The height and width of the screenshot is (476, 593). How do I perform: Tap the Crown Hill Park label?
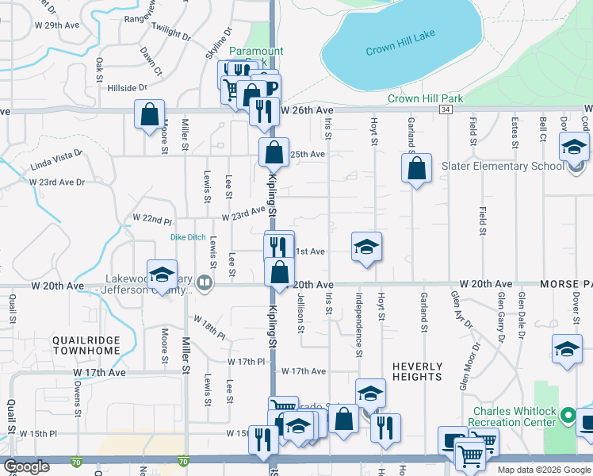click(x=425, y=98)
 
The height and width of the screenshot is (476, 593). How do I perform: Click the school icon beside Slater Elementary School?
click(x=574, y=147)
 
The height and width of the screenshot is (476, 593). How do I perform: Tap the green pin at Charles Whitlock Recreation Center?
click(x=568, y=414)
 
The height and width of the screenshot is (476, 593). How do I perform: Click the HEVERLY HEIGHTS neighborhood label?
click(x=417, y=371)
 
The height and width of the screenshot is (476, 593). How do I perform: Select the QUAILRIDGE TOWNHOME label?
click(x=86, y=345)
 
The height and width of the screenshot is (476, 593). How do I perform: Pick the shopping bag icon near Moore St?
click(x=149, y=115)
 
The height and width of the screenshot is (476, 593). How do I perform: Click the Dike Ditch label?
click(x=188, y=237)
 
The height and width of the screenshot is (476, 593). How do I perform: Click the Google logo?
click(x=26, y=466)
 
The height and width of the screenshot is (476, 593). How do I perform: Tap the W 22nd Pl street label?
click(x=152, y=218)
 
